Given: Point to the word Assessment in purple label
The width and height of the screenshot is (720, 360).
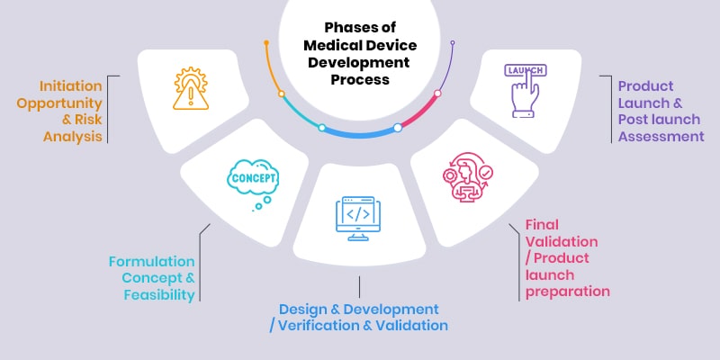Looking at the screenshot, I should click(x=661, y=137).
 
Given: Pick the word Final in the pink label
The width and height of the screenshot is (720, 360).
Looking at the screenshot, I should click(x=543, y=226).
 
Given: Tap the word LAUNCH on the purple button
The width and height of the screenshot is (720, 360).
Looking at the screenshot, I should click(x=525, y=69).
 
